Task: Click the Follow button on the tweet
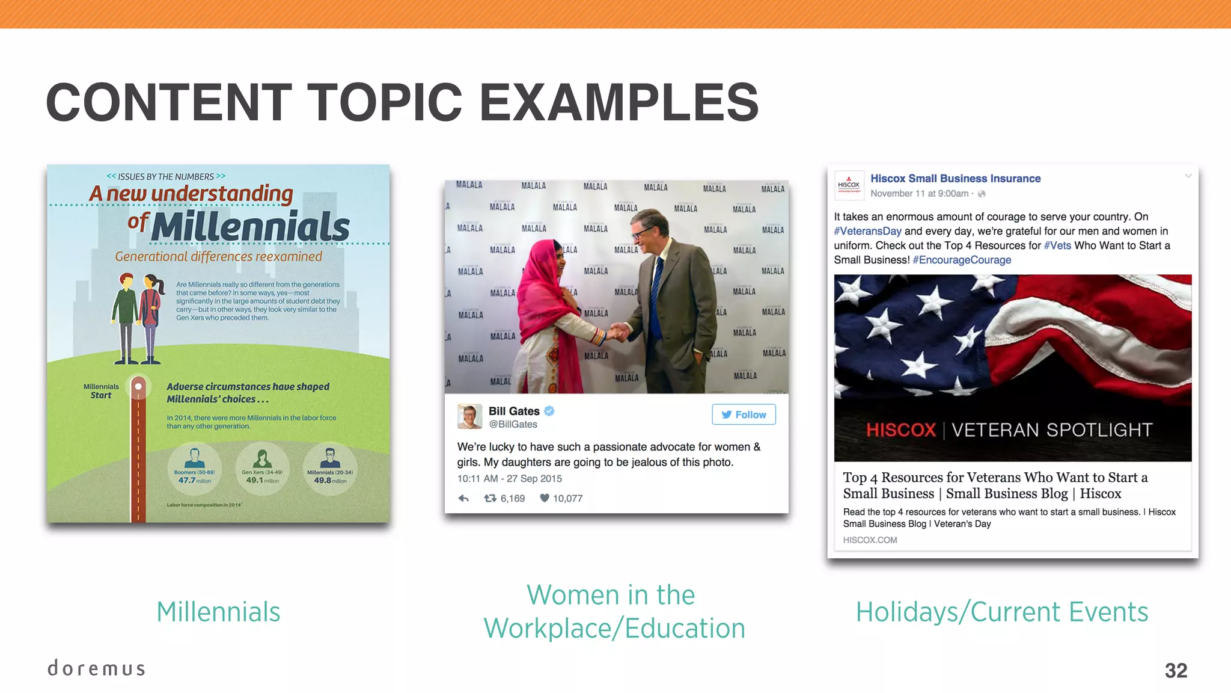pyautogui.click(x=744, y=414)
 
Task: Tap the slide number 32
pyautogui.click(x=1176, y=670)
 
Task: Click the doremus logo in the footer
pyautogui.click(x=96, y=668)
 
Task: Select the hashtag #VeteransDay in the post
pyautogui.click(x=867, y=231)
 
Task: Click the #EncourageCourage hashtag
pyautogui.click(x=962, y=260)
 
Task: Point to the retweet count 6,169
pyautogui.click(x=512, y=498)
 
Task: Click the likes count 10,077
pyautogui.click(x=567, y=498)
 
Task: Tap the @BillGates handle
pyautogui.click(x=513, y=424)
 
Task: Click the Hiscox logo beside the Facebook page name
pyautogui.click(x=849, y=185)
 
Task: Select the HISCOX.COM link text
pyautogui.click(x=870, y=540)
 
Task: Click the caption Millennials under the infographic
pyautogui.click(x=218, y=612)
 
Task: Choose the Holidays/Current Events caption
pyautogui.click(x=1002, y=612)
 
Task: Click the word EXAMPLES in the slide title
pyautogui.click(x=619, y=102)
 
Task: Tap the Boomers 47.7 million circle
pyautogui.click(x=194, y=469)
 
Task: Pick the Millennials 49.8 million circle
pyautogui.click(x=330, y=469)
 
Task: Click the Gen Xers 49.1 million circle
pyautogui.click(x=262, y=469)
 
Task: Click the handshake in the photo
pyautogui.click(x=617, y=331)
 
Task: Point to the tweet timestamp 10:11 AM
pyautogui.click(x=477, y=479)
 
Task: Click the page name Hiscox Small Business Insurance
pyautogui.click(x=955, y=179)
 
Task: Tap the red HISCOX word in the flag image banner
pyautogui.click(x=900, y=430)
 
